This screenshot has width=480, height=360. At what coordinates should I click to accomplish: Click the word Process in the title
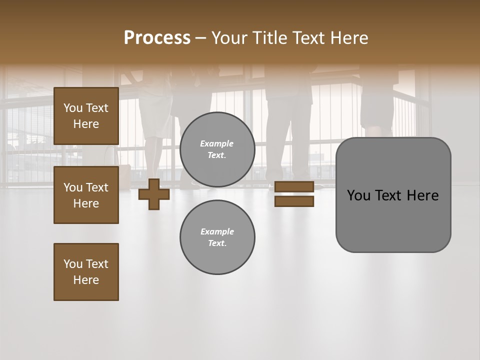(x=157, y=38)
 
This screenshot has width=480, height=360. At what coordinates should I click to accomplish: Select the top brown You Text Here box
(x=86, y=116)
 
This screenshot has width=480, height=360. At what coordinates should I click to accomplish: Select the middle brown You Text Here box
(x=86, y=195)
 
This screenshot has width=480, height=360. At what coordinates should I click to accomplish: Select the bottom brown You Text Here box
(x=86, y=272)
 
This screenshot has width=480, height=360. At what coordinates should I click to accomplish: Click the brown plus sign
(x=154, y=194)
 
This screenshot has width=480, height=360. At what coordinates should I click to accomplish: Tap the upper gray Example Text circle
(x=217, y=149)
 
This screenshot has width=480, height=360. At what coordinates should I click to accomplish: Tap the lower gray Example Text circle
(x=217, y=237)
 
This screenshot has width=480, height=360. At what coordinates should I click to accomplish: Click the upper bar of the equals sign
(x=294, y=187)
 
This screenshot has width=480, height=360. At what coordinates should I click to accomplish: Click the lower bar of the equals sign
(x=294, y=201)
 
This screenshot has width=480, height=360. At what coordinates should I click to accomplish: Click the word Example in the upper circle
(x=217, y=144)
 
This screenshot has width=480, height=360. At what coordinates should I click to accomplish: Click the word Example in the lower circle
(x=217, y=232)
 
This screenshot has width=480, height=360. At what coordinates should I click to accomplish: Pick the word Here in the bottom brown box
(x=86, y=280)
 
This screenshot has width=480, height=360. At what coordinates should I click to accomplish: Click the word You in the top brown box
(x=73, y=108)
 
